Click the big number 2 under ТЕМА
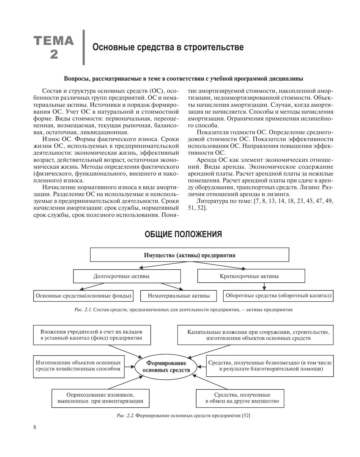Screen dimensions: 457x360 [x=54, y=54]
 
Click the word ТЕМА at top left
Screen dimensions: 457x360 [x=54, y=40]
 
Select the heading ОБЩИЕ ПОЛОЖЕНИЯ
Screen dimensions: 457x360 [x=183, y=234]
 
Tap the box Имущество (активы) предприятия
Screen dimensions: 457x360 [x=189, y=255]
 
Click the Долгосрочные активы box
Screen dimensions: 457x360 [x=127, y=276]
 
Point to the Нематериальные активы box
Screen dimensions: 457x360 [x=179, y=296]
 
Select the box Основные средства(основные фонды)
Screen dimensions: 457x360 [x=83, y=296]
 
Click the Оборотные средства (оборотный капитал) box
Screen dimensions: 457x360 [x=278, y=296]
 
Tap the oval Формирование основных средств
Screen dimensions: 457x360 [x=166, y=367]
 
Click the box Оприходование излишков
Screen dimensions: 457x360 [x=100, y=398]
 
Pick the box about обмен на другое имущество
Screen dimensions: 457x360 [x=242, y=398]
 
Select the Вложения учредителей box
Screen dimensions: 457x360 [x=92, y=335]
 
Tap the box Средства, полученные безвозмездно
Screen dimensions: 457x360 [x=270, y=366]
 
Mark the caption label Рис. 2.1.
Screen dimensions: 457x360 [x=83, y=310]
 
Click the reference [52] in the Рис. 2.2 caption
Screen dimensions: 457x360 [x=246, y=416]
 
